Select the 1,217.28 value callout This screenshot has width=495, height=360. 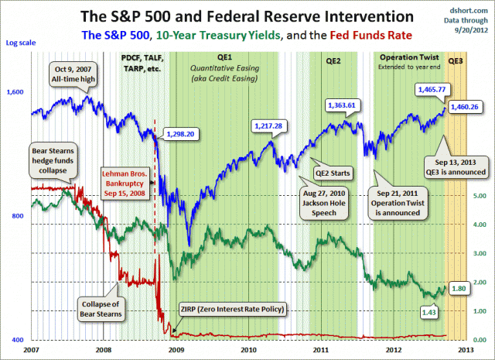click(271, 125)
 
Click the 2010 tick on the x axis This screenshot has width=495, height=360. click(249, 349)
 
